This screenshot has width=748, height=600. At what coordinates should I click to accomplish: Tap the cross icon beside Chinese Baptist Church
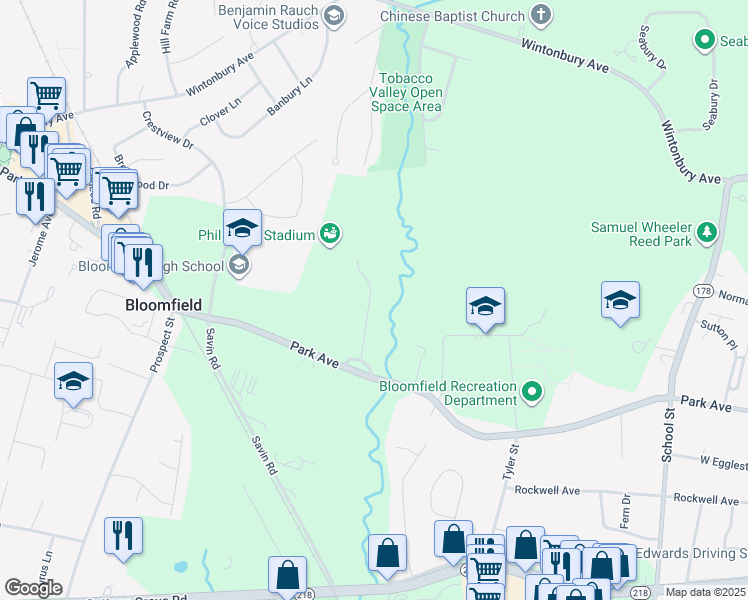[541, 15]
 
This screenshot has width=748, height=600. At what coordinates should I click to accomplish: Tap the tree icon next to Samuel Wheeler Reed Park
[708, 233]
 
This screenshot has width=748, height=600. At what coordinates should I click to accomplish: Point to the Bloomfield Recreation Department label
[448, 393]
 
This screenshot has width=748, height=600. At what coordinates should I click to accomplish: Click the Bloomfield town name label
[164, 304]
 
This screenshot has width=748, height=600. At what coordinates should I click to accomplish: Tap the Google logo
[33, 588]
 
